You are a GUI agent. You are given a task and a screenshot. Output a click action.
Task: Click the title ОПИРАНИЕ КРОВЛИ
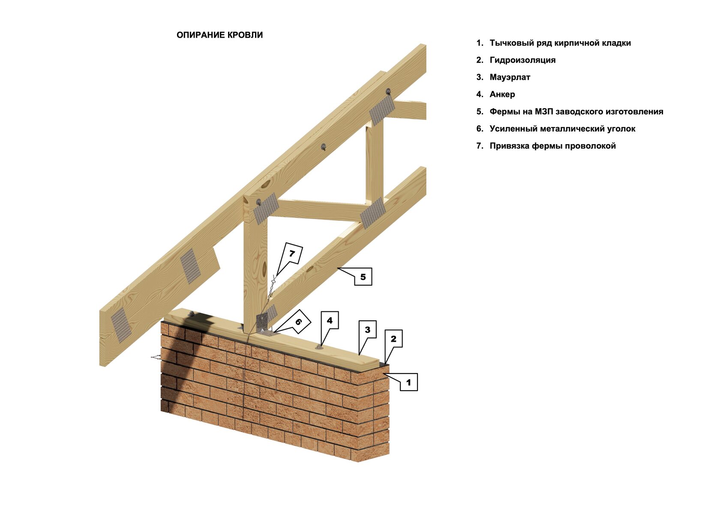pos(219,35)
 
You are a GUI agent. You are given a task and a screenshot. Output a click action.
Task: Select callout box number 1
pos(408,382)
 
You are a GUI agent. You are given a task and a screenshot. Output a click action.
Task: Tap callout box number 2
pos(393,339)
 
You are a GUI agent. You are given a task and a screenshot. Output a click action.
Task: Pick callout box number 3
pos(367,329)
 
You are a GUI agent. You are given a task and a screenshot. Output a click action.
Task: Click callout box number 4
pos(330,320)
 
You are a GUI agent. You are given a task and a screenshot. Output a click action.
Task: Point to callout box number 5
pos(363,277)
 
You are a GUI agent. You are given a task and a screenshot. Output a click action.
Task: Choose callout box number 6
pos(298,321)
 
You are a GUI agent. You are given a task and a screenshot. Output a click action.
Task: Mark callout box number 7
pos(291,253)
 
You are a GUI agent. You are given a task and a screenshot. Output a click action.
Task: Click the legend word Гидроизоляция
pos(522,60)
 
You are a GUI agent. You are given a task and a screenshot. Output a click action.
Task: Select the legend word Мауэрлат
pos(510,77)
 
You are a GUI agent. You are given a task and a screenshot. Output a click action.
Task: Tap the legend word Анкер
pos(502,94)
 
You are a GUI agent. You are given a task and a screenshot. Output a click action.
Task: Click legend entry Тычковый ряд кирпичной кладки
pos(560,43)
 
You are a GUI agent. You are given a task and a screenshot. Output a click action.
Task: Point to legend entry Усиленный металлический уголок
pos(562,129)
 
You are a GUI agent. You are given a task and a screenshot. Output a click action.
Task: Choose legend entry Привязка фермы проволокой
pos(552,146)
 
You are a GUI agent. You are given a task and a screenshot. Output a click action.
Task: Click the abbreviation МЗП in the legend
pos(544,111)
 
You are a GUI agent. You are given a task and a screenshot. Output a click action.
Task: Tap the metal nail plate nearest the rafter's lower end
pos(121,325)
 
